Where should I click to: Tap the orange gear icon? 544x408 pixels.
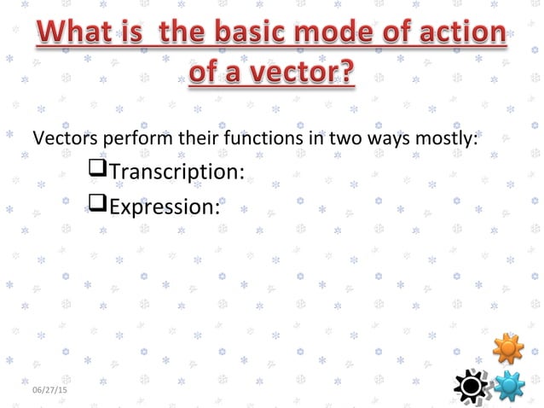click(507, 348)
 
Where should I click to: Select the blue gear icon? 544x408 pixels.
click(510, 386)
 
